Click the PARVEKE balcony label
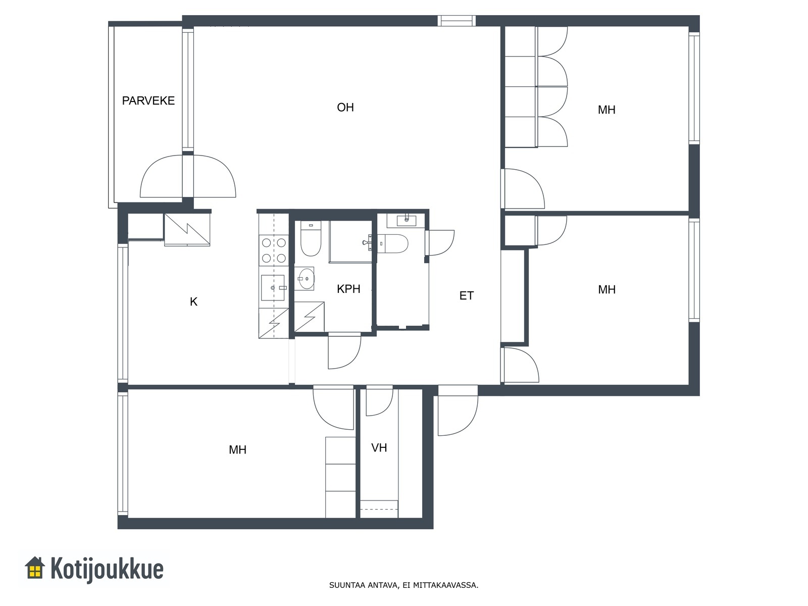(x=148, y=100)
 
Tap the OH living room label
(x=345, y=108)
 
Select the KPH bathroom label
(x=348, y=289)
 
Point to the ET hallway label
(x=467, y=295)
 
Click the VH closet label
(x=379, y=448)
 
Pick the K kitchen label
(x=193, y=301)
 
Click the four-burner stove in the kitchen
(x=274, y=250)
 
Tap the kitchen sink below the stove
(x=273, y=287)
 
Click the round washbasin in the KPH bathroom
(x=306, y=279)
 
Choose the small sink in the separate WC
(x=407, y=221)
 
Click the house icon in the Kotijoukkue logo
(x=35, y=568)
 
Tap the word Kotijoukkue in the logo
(x=107, y=569)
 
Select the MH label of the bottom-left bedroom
(x=237, y=449)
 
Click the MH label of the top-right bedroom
(x=607, y=110)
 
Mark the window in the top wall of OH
(x=457, y=21)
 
